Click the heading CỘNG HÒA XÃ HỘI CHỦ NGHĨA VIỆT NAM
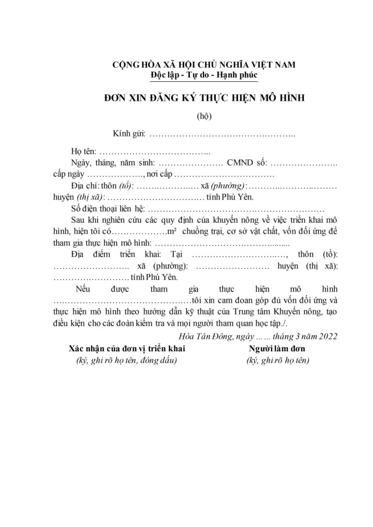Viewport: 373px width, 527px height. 204,64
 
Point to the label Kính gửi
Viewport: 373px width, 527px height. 129,134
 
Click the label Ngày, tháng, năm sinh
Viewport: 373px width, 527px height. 113,163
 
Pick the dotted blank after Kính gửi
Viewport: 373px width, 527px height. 222,135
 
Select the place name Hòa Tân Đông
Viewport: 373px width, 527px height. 201,335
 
